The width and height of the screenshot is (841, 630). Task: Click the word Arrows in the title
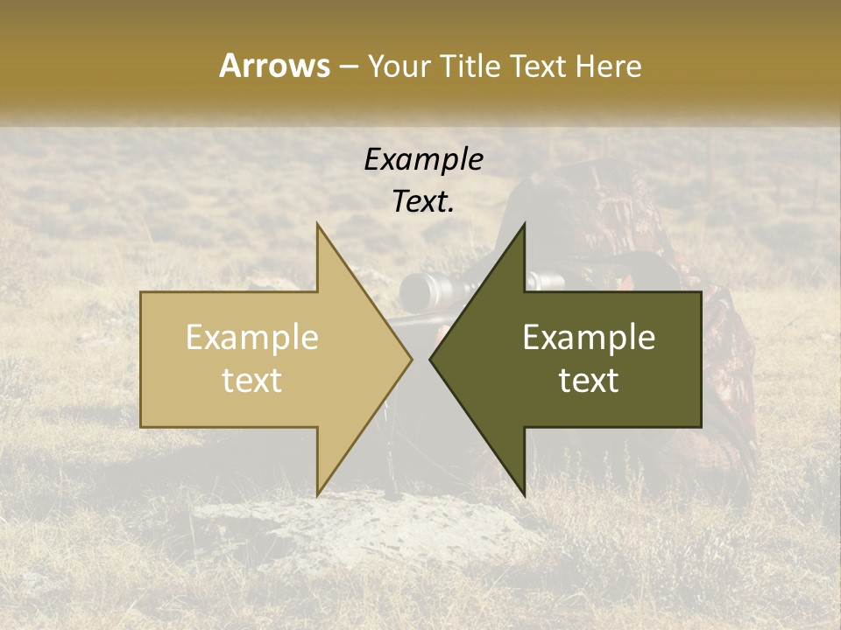tap(274, 66)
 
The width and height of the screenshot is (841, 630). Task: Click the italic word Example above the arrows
tap(423, 160)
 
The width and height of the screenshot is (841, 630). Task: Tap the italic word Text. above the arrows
tap(423, 202)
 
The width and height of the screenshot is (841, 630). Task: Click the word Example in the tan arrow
tap(252, 338)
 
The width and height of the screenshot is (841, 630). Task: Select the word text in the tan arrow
tap(252, 381)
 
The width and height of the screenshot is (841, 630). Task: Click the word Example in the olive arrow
tap(589, 338)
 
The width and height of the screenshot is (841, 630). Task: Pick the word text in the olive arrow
tap(589, 381)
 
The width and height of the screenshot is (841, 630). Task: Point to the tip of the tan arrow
tap(411, 359)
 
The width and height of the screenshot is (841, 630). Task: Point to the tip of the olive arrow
tap(431, 359)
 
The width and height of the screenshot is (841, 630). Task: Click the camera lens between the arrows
tap(421, 289)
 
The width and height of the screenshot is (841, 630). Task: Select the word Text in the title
tap(539, 66)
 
